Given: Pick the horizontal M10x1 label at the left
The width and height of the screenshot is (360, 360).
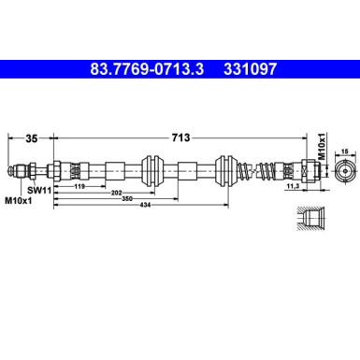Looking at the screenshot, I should pyautogui.click(x=19, y=200).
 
